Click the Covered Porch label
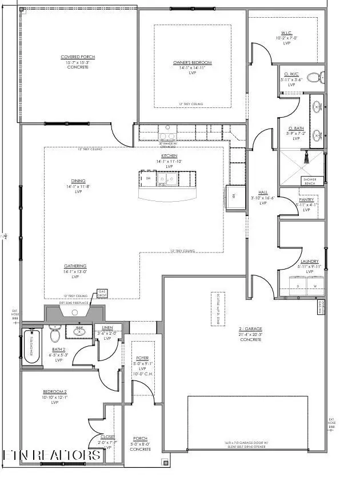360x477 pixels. tap(78, 57)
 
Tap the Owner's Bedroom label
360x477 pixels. tap(193, 62)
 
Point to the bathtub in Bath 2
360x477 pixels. tap(31, 346)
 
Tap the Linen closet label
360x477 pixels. tap(107, 328)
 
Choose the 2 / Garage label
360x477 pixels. tap(250, 330)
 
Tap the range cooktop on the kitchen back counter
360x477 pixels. tap(167, 136)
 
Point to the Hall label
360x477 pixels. tap(263, 193)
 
